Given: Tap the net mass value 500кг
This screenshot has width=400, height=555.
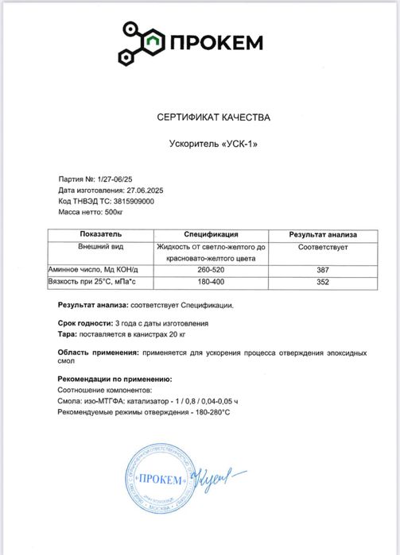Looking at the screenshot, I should pyautogui.click(x=114, y=212).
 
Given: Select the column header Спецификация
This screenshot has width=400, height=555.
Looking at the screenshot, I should pyautogui.click(x=211, y=235).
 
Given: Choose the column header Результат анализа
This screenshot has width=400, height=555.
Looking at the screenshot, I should pyautogui.click(x=322, y=235).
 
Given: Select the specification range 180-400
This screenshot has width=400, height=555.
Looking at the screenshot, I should pyautogui.click(x=211, y=282).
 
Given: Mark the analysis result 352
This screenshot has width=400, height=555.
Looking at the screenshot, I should pyautogui.click(x=322, y=282).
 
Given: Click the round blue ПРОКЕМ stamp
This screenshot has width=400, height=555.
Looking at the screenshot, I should pyautogui.click(x=162, y=480).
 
